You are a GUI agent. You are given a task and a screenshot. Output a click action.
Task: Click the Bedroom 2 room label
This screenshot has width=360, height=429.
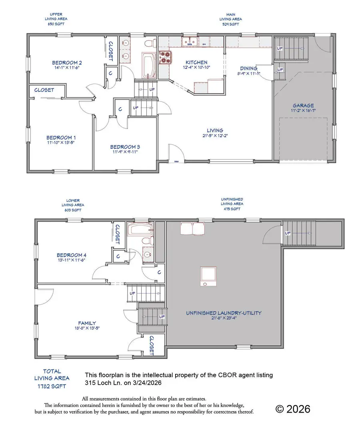click(67, 62)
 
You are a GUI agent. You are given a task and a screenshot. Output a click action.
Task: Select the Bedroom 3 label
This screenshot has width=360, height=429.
click(125, 147)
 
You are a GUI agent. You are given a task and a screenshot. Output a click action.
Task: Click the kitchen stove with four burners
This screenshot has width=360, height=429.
click(165, 58)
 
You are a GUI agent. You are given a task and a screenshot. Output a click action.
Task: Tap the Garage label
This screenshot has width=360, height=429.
click(303, 106)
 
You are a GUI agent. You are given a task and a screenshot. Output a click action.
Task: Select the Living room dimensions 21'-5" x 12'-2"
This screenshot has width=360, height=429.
click(215, 136)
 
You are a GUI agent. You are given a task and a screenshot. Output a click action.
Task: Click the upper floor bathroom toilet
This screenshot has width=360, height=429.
click(150, 43)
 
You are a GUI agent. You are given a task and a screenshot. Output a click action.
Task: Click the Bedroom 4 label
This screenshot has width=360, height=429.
click(72, 255)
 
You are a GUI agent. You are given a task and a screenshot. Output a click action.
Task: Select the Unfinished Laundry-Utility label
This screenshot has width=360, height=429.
click(224, 313)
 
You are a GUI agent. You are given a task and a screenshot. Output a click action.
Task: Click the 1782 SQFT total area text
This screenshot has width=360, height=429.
click(52, 386)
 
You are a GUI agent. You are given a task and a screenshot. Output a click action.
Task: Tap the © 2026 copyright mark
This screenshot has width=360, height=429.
click(293, 409)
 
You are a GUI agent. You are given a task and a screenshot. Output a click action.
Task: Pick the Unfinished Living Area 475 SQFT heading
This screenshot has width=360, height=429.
click(232, 204)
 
